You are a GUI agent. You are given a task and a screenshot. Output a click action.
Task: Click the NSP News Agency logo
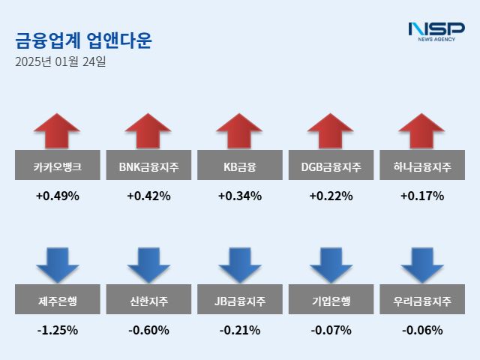coord(436,32)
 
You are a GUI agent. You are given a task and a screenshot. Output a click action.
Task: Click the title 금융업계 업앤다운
coord(82,40)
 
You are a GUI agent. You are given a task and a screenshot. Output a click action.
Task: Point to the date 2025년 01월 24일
coord(60,61)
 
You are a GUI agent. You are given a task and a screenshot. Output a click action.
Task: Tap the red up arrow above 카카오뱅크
coord(57,130)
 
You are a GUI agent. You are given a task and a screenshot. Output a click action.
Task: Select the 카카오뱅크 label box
coord(57,166)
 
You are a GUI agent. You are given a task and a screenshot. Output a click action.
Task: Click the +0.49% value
coord(57,196)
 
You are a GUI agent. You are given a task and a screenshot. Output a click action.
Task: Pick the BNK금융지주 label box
coord(148,166)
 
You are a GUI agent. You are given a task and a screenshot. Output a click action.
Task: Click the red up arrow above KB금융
coord(239,130)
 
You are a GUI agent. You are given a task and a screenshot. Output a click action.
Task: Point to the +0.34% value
coord(239,196)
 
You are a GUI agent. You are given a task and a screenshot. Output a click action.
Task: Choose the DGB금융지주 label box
coord(331,166)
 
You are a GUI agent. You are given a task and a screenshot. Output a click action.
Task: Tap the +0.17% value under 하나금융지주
coord(422,196)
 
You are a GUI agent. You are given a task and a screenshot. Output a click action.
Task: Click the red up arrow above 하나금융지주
coord(422,130)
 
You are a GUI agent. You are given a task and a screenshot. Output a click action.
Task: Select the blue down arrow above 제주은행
coord(57,264)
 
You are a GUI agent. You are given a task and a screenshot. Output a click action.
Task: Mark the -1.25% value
coord(57,330)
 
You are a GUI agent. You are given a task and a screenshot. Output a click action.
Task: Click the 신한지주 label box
coord(148,301)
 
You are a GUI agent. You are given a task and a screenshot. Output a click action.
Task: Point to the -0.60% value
coord(148,330)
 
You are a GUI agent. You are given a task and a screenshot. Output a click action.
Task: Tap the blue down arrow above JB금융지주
coord(239,264)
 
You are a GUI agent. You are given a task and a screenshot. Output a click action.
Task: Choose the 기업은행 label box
coord(331,301)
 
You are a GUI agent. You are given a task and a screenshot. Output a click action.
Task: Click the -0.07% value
coord(331,330)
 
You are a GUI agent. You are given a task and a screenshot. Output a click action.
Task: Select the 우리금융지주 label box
coord(422,301)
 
